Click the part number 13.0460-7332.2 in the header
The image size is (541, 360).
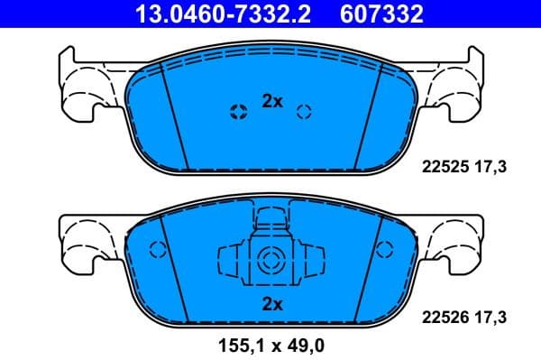point(215,14)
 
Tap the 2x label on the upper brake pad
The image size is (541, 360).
point(272,102)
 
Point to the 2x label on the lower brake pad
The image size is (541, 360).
point(272,304)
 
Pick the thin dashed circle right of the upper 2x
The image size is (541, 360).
point(305,112)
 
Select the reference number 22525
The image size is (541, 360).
point(443,166)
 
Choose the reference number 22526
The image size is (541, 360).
point(443,317)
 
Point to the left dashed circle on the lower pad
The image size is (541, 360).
point(154,252)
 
